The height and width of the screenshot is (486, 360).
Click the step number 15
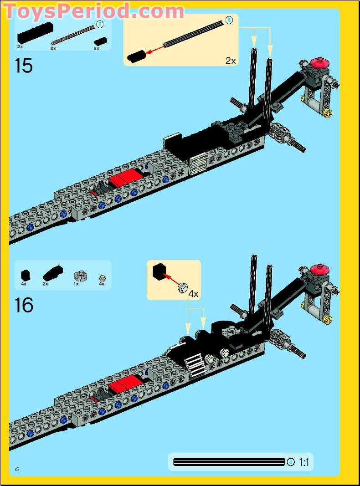click(24, 66)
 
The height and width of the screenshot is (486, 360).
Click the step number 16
click(24, 305)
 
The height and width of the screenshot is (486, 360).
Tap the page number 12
click(17, 470)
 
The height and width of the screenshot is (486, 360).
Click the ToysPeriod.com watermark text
click(93, 10)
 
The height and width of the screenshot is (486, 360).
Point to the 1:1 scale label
click(304, 462)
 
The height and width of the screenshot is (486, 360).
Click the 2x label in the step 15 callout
click(231, 60)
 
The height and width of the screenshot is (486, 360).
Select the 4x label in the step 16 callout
click(194, 294)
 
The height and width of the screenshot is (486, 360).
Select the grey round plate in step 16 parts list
click(79, 276)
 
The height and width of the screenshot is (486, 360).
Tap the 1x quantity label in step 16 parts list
click(76, 284)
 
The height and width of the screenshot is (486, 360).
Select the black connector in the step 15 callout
click(136, 56)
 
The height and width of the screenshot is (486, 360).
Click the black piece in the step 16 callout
click(159, 271)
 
